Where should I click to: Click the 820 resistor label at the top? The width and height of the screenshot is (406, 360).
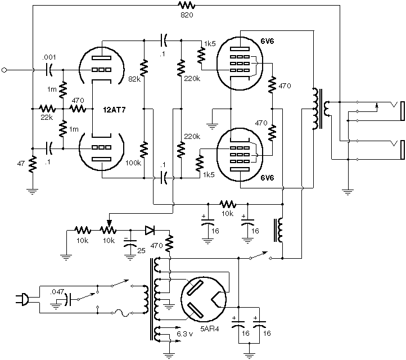pyautogui.click(x=187, y=15)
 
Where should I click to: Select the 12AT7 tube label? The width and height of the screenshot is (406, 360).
pyautogui.click(x=114, y=110)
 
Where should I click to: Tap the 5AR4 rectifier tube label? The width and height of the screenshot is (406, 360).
pyautogui.click(x=210, y=329)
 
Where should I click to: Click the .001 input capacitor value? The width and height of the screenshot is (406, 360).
pyautogui.click(x=49, y=57)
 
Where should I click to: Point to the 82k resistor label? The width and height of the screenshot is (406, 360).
pyautogui.click(x=134, y=79)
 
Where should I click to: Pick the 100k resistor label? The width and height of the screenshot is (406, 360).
pyautogui.click(x=133, y=163)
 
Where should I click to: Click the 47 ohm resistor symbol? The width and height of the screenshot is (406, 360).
pyautogui.click(x=33, y=164)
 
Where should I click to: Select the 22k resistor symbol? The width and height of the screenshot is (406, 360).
pyautogui.click(x=47, y=109)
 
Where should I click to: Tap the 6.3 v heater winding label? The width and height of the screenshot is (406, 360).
pyautogui.click(x=185, y=334)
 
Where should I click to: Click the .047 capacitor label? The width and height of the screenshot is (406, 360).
pyautogui.click(x=57, y=292)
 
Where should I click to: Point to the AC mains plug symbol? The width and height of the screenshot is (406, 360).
pyautogui.click(x=22, y=300)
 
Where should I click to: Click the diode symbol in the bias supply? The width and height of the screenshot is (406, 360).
pyautogui.click(x=150, y=230)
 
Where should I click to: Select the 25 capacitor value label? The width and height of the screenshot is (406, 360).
pyautogui.click(x=141, y=250)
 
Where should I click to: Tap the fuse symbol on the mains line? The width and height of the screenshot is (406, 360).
pyautogui.click(x=121, y=313)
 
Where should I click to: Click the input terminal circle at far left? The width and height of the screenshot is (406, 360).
pyautogui.click(x=4, y=70)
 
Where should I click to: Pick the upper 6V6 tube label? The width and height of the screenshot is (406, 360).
pyautogui.click(x=267, y=41)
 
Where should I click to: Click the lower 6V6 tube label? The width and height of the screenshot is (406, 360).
pyautogui.click(x=267, y=178)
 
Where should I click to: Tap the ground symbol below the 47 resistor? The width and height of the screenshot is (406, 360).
pyautogui.click(x=33, y=192)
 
